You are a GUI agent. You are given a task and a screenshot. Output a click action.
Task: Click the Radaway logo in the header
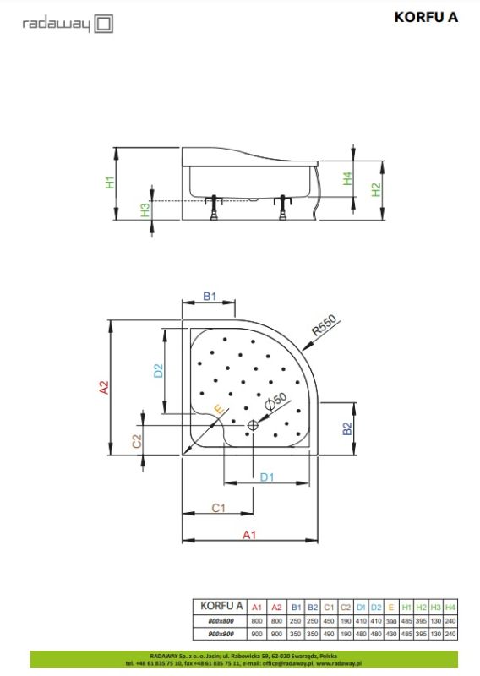click(67, 24)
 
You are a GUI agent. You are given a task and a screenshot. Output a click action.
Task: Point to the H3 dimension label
click(145, 209)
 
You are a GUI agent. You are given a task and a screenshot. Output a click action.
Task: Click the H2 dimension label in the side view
click(376, 190)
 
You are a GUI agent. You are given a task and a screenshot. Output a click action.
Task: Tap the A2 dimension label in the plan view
click(104, 387)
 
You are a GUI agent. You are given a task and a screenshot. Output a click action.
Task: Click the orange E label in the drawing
click(218, 410)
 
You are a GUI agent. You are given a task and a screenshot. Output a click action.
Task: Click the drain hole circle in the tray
click(252, 426)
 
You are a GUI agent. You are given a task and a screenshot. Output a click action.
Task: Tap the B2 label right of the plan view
click(346, 428)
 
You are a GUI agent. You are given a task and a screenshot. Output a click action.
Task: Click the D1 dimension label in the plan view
click(266, 477)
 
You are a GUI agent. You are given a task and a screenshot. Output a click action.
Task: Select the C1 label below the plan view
click(217, 508)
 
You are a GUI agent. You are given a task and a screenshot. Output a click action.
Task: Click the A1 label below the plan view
click(249, 535)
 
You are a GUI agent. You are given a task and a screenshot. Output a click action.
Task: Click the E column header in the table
click(391, 607)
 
